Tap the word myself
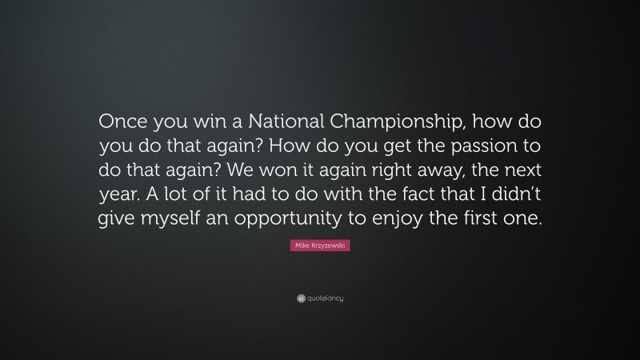(x=168, y=221)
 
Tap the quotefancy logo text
(x=325, y=298)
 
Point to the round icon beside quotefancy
(x=301, y=298)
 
